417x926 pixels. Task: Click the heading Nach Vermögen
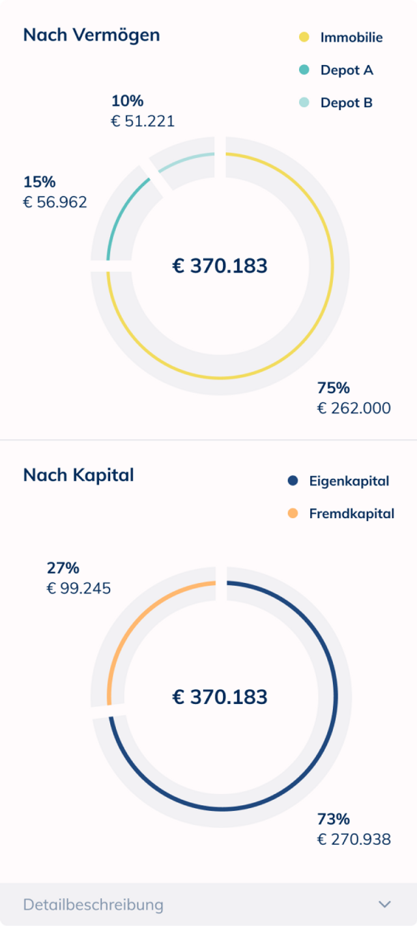(x=91, y=35)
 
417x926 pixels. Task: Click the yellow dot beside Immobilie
(x=304, y=37)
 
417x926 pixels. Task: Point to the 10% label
(x=127, y=101)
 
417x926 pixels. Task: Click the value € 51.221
(x=143, y=121)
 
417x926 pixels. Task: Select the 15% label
(x=39, y=182)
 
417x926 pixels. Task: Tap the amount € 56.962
(x=55, y=202)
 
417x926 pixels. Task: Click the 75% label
(x=334, y=388)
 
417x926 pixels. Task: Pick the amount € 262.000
(x=354, y=409)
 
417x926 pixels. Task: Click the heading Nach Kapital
(x=78, y=475)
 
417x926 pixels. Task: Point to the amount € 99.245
(x=79, y=589)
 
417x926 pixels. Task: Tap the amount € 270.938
(x=354, y=839)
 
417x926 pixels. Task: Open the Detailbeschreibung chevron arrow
(x=385, y=905)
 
